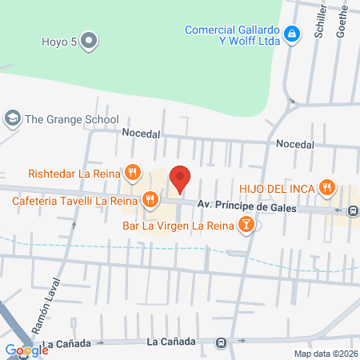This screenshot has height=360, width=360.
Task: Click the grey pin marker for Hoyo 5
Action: coord(89,39)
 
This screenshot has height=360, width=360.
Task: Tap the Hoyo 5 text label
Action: coord(58,40)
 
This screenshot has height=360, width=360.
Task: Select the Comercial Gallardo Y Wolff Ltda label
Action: coord(231,36)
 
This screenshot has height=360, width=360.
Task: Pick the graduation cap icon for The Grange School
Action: coord(12,118)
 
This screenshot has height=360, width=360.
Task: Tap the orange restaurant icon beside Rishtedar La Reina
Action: coord(133,172)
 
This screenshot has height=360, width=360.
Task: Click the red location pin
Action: coord(181,179)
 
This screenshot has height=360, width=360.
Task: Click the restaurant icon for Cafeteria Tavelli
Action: coord(150,199)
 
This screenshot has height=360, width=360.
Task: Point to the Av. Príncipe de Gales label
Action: coord(247,208)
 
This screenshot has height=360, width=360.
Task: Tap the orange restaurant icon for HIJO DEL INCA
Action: coord(326,187)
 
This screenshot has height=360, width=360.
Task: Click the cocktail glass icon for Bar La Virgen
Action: coord(248,226)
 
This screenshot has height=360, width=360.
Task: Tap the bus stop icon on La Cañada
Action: coord(222,342)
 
